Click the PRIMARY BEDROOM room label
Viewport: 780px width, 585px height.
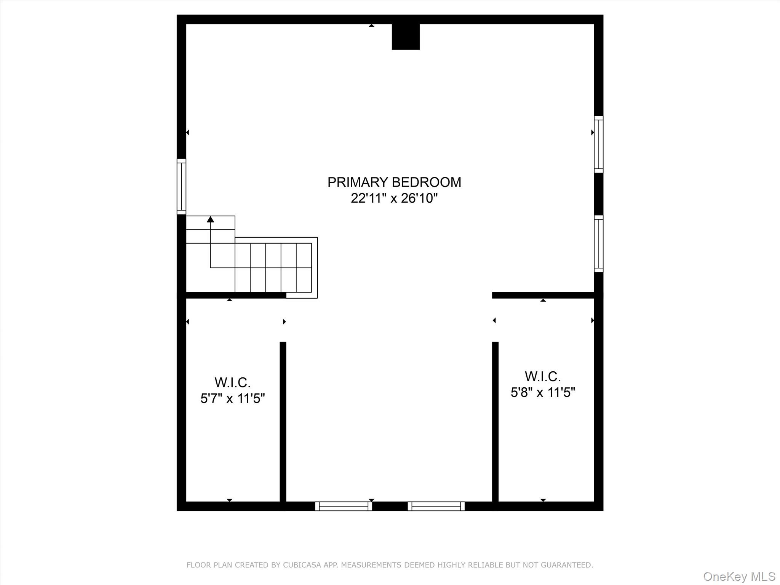(394, 182)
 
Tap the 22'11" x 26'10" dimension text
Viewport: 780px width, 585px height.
(394, 198)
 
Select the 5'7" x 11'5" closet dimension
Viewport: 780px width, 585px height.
(232, 399)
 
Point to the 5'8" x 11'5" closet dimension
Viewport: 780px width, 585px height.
(543, 392)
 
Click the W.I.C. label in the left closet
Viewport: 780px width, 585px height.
(232, 382)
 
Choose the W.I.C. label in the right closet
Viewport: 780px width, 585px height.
(543, 376)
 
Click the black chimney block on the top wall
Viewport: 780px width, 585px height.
(406, 37)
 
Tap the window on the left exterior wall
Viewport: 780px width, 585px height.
(182, 187)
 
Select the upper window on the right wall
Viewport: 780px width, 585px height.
(599, 144)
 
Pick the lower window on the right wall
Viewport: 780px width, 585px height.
(599, 244)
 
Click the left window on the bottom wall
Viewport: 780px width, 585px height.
(344, 506)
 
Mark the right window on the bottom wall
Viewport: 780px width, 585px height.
(436, 506)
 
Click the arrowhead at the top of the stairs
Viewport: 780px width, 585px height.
(210, 219)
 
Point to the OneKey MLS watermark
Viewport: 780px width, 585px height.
(739, 576)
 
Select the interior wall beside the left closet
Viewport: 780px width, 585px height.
(283, 423)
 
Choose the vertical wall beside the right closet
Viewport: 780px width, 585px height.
(495, 423)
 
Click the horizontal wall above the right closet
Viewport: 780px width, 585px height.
(543, 295)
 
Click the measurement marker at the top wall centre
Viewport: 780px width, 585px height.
(371, 26)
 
